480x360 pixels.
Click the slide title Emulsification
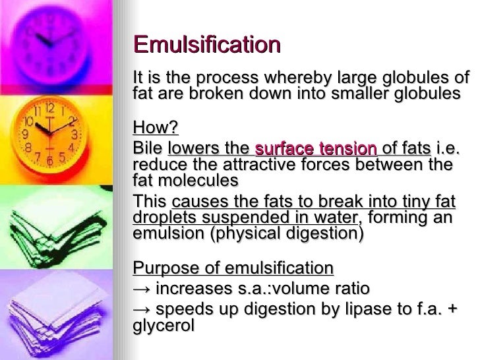point(207,45)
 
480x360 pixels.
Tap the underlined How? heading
point(156,127)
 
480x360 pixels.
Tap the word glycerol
point(164,326)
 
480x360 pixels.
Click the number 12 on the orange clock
point(49,106)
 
